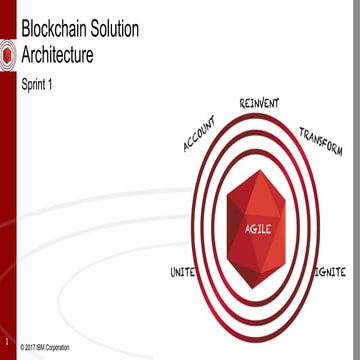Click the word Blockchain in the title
click(x=54, y=36)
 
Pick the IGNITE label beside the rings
click(x=329, y=272)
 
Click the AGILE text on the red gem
click(x=259, y=229)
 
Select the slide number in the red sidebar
click(x=6, y=323)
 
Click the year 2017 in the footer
click(x=33, y=346)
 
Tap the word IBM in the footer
click(x=46, y=346)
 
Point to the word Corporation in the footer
click(x=64, y=346)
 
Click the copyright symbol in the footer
click(x=23, y=346)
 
